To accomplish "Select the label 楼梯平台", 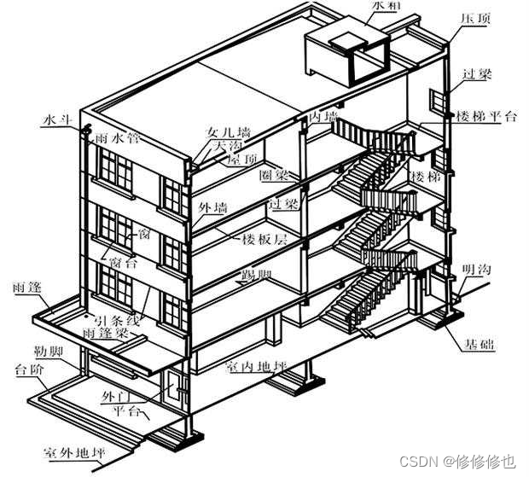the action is click(x=486, y=117).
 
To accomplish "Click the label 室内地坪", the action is click(x=255, y=368).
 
